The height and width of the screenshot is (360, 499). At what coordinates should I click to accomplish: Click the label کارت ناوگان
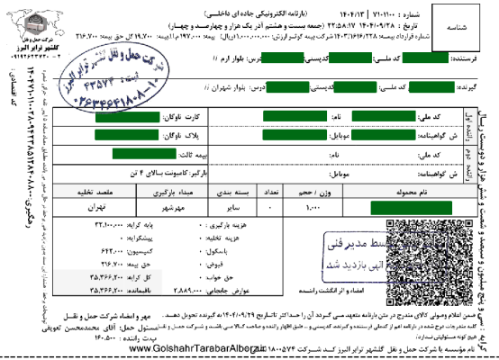[x=185, y=118]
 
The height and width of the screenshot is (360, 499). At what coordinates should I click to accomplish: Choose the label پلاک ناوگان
[x=185, y=135]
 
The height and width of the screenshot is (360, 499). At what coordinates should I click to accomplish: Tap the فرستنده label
[x=470, y=58]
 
